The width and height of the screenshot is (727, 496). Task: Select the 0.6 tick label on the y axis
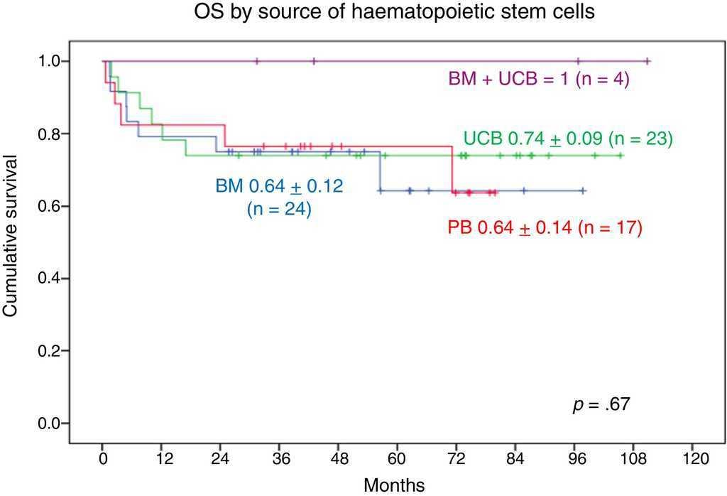50,207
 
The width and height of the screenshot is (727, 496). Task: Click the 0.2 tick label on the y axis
50,351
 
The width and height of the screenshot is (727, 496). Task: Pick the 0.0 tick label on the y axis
50,424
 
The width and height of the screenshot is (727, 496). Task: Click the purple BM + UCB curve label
540,80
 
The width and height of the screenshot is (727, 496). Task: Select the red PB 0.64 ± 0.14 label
545,228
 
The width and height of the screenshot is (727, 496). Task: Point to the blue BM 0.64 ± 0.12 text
279,188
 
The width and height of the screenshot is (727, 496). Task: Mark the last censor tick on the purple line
647,62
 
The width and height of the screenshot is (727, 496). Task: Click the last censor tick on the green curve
621,156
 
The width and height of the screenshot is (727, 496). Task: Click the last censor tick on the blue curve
583,190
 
